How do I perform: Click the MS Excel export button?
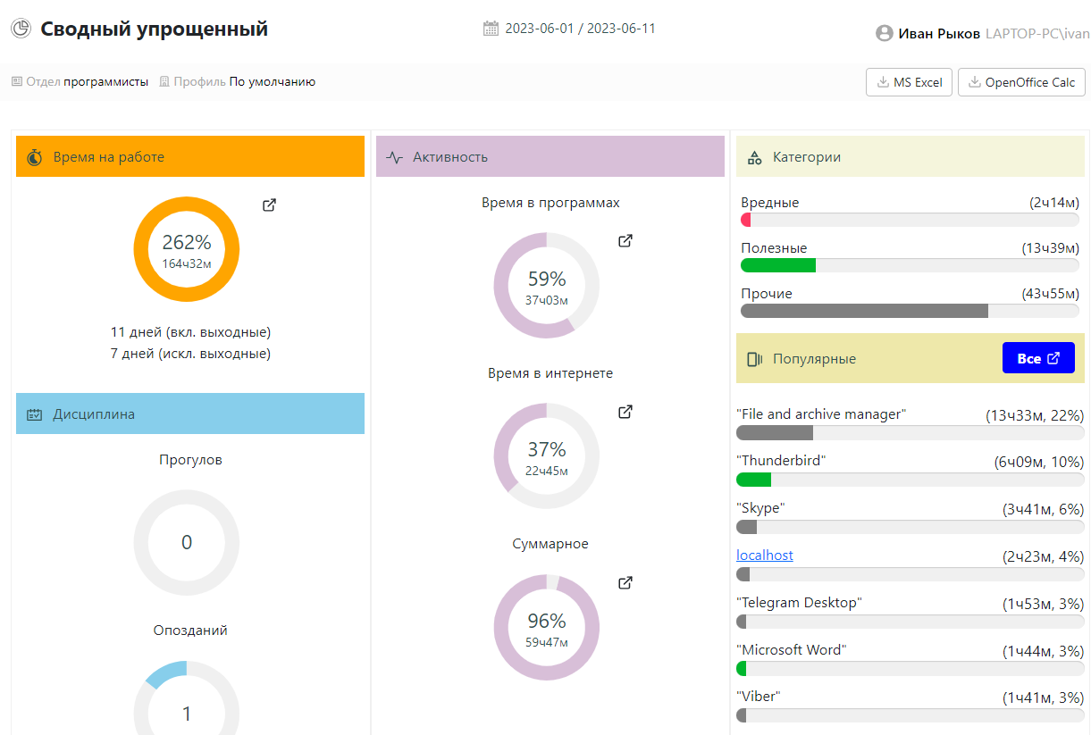click(909, 82)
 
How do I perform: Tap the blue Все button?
click(1037, 358)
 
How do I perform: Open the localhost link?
click(765, 555)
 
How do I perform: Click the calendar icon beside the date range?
click(491, 29)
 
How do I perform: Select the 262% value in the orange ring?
click(186, 243)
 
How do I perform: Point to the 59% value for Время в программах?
click(546, 280)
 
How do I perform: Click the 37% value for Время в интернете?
click(546, 450)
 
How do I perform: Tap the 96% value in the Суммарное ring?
click(546, 622)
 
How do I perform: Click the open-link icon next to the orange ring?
click(269, 205)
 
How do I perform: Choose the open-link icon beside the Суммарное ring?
click(625, 583)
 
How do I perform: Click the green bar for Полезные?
click(777, 265)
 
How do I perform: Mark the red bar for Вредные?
click(746, 220)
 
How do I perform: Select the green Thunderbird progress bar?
click(753, 480)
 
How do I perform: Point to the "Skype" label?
click(760, 508)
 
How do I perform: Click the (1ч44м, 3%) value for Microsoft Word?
click(1043, 650)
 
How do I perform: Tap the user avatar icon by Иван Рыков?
click(885, 34)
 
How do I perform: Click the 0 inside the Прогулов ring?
click(186, 542)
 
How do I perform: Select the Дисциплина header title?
click(94, 414)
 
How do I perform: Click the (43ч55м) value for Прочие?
click(1050, 294)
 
